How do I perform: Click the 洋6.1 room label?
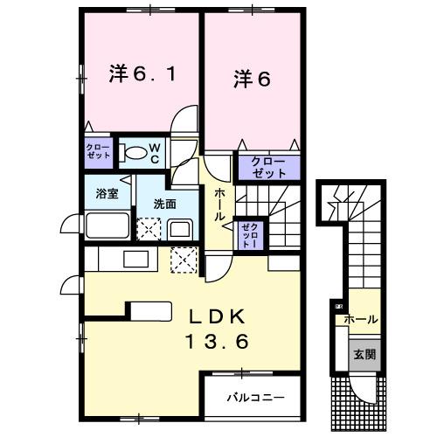click(142, 75)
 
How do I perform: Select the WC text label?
click(152, 153)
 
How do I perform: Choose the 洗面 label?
click(164, 204)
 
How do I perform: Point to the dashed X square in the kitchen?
click(184, 260)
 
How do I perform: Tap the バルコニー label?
click(255, 397)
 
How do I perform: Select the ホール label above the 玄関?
click(361, 320)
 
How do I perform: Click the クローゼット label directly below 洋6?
click(267, 166)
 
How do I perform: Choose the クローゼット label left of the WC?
click(98, 149)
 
